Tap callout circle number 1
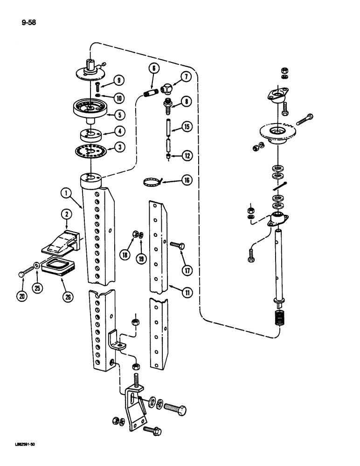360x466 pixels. (68, 192)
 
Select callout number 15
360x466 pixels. (187, 127)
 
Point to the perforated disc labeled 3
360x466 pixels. (90, 151)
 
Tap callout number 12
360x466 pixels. (187, 156)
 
